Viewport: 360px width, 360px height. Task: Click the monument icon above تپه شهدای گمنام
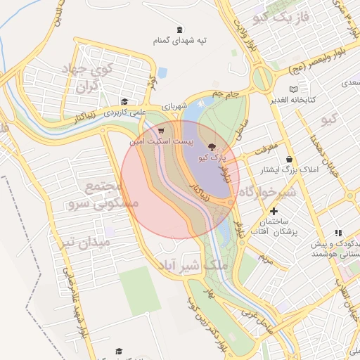[181, 30]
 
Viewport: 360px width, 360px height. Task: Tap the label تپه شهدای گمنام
[181, 41]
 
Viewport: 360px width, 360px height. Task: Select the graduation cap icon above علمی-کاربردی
[124, 102]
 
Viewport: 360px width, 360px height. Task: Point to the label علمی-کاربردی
[124, 112]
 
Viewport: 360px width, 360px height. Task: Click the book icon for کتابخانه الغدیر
[294, 89]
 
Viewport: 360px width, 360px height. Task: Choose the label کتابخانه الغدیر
[294, 99]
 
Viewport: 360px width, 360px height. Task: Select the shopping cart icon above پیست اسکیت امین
[162, 131]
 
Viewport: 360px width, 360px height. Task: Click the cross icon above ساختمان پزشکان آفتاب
[274, 211]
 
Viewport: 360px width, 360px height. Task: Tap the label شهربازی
[174, 106]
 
